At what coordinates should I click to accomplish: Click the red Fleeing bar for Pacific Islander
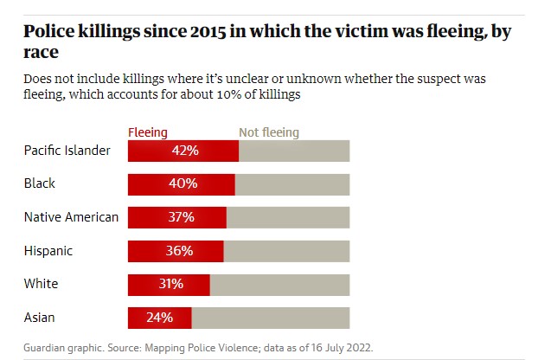tap(183, 151)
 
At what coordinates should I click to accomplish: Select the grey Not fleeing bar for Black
tap(292, 184)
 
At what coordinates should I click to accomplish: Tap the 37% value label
tap(181, 217)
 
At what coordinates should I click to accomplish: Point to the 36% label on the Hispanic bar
tap(179, 251)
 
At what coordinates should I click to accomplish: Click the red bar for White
tap(169, 285)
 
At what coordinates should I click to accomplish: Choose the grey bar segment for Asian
tap(271, 318)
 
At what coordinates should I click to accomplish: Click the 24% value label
tap(159, 318)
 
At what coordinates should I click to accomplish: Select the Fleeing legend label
tap(148, 132)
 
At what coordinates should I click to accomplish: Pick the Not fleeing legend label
tap(269, 132)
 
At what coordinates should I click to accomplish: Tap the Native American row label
tap(71, 217)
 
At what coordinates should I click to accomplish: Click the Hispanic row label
tap(48, 251)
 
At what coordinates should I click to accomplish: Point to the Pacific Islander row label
tap(67, 150)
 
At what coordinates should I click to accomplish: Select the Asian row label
tap(40, 318)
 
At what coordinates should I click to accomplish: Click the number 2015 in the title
tap(208, 32)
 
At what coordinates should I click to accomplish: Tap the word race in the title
tap(41, 53)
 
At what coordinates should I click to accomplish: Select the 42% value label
tap(185, 151)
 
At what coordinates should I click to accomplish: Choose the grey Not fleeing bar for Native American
tap(288, 217)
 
